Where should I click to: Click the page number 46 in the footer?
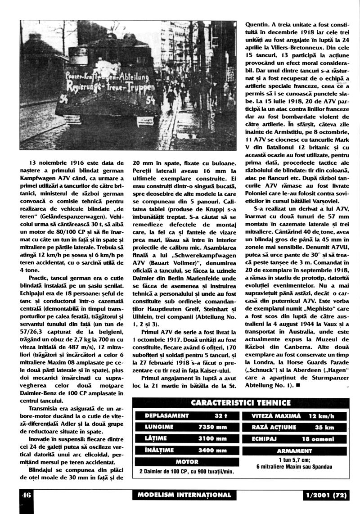click(25, 495)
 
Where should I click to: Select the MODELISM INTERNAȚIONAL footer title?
click(185, 495)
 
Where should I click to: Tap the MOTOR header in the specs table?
click(187, 462)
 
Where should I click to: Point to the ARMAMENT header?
click(294, 451)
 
